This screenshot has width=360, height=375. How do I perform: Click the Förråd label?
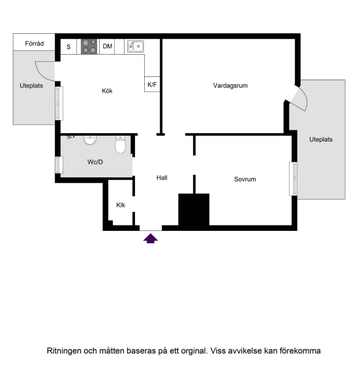(x=34, y=44)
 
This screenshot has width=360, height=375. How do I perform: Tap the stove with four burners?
(x=89, y=46)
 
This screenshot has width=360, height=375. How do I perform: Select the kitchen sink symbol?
(x=136, y=46)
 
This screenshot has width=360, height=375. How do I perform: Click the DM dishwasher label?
(x=107, y=46)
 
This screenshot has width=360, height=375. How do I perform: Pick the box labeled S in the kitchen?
(x=69, y=46)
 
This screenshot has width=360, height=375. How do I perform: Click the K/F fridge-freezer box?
(x=153, y=85)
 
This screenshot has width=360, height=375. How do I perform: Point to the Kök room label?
(x=107, y=91)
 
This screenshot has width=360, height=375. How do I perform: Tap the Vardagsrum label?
(x=230, y=85)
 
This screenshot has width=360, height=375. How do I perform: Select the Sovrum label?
(x=245, y=179)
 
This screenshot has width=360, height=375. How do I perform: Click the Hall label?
(x=162, y=177)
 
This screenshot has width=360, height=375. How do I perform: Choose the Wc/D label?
(x=95, y=162)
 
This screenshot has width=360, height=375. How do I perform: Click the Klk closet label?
(x=121, y=205)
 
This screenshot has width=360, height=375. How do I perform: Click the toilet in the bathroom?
(x=120, y=146)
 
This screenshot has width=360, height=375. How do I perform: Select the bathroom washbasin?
(x=90, y=140)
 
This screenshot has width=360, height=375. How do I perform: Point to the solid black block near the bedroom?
(x=194, y=210)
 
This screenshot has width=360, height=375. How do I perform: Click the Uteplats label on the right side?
(x=321, y=140)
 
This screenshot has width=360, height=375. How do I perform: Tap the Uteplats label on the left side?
(x=31, y=85)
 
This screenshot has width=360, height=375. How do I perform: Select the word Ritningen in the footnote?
(x=64, y=351)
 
